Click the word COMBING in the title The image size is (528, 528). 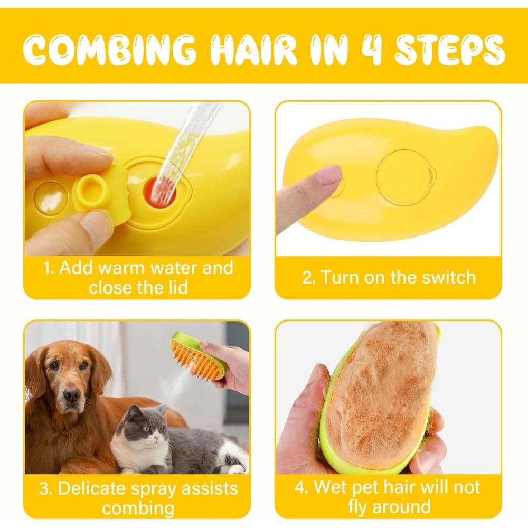click(x=109, y=50)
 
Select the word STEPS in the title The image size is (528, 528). click(x=449, y=50)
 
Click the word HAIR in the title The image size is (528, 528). click(x=253, y=50)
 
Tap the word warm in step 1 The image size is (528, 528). click(x=121, y=268)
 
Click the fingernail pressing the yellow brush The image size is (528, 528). click(x=328, y=175)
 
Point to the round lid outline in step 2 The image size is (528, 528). click(x=406, y=177)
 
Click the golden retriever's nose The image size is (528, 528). click(x=72, y=394)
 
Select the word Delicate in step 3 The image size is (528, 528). click(x=91, y=488)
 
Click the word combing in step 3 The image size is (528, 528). click(x=138, y=508)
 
